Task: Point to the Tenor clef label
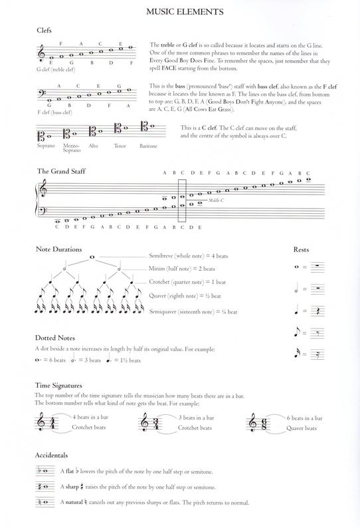[120, 146]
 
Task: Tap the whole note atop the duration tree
[91, 257]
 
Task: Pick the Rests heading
[303, 250]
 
